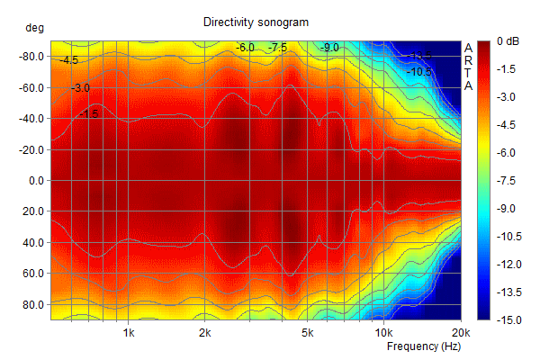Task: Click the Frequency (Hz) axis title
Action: click(x=424, y=346)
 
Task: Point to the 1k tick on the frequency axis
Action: click(x=129, y=332)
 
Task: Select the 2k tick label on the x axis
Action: click(x=205, y=332)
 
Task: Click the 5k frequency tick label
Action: click(x=307, y=332)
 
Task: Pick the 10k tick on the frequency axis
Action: click(x=383, y=332)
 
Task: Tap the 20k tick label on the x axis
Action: click(x=460, y=332)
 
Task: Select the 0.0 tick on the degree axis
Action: click(x=36, y=180)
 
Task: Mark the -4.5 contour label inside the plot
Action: click(x=69, y=61)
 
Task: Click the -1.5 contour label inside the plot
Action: click(x=88, y=113)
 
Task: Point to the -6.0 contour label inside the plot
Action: click(x=245, y=47)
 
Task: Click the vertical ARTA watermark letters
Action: click(x=468, y=67)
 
